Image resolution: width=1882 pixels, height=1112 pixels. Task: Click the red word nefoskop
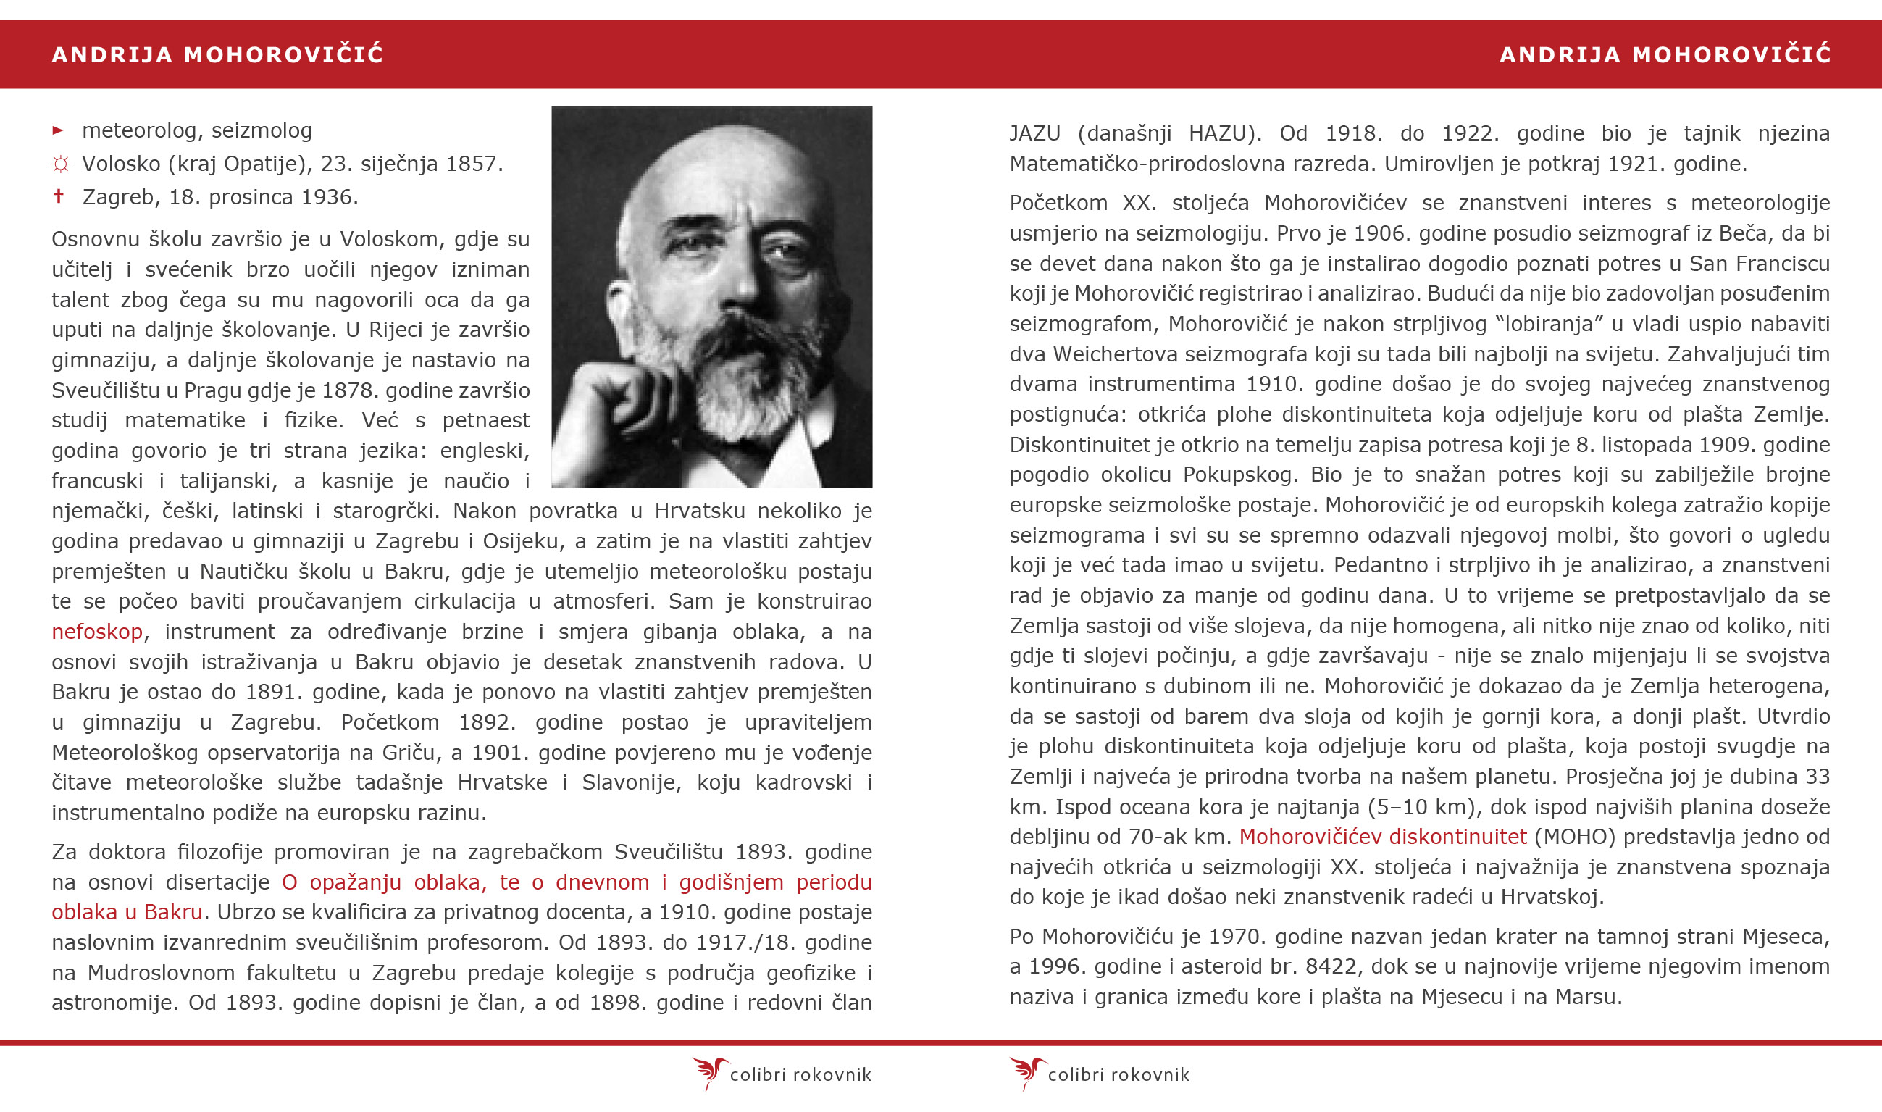pos(96,632)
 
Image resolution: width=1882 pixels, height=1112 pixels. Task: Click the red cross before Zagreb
pos(59,196)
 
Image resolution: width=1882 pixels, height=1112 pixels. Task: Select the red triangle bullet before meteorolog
pos(59,130)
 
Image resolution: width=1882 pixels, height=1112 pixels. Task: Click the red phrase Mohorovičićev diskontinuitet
pos(1382,836)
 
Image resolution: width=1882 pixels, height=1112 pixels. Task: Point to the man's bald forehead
pos(719,172)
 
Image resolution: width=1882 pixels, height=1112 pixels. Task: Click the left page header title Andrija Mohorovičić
pos(217,55)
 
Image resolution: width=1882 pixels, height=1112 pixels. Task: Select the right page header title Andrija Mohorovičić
pos(1665,55)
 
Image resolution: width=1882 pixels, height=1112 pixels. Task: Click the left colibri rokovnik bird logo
pos(708,1072)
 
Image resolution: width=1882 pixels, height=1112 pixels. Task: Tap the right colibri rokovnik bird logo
pos(1026,1072)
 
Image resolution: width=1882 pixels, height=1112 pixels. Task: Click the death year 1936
pos(329,197)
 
